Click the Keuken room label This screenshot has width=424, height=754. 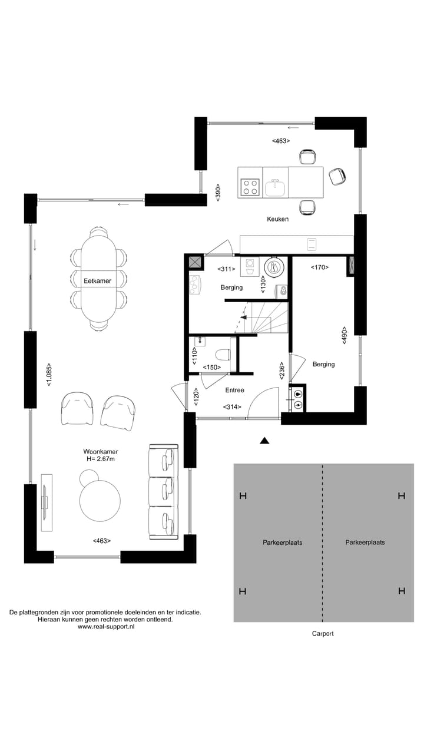click(277, 219)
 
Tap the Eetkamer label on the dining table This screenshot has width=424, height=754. click(97, 281)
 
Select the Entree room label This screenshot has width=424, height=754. click(234, 390)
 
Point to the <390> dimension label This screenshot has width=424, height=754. click(217, 193)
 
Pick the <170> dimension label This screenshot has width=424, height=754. click(319, 267)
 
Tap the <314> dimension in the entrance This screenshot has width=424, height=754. click(232, 406)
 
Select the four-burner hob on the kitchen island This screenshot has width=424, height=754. click(250, 187)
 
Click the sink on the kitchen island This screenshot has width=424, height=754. click(275, 188)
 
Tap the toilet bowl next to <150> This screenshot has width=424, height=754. click(222, 355)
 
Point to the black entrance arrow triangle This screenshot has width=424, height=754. click(264, 440)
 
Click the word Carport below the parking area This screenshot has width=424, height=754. click(323, 634)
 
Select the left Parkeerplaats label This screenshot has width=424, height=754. click(282, 543)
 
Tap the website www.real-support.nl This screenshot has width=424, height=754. click(106, 627)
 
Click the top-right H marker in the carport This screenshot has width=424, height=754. click(402, 496)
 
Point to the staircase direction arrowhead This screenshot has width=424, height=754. click(243, 318)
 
